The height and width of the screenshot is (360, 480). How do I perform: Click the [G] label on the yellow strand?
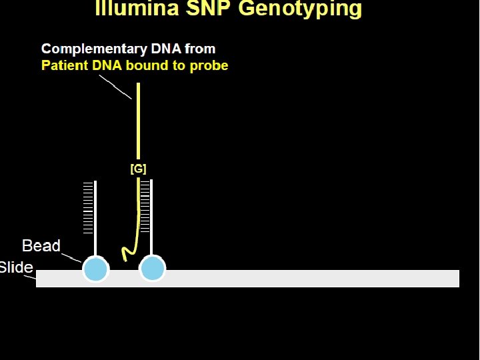pyautogui.click(x=138, y=169)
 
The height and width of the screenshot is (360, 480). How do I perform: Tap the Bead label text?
pyautogui.click(x=41, y=246)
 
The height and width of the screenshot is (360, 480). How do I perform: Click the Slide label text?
pyautogui.click(x=16, y=267)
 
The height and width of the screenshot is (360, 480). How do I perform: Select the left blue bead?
pyautogui.click(x=95, y=270)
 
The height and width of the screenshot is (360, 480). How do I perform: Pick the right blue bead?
pyautogui.click(x=152, y=270)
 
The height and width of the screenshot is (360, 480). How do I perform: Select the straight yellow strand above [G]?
pyautogui.click(x=138, y=120)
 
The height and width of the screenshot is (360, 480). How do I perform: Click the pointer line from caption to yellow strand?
pyautogui.click(x=115, y=87)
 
